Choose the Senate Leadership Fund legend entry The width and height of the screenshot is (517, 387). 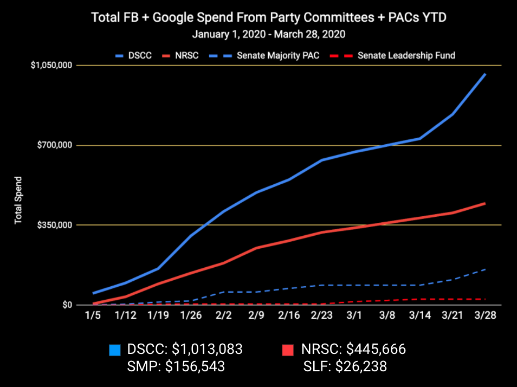pos(398,55)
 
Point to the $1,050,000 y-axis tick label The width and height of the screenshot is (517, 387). pos(51,66)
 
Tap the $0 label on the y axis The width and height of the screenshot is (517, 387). pos(67,305)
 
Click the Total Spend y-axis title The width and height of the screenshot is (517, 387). pos(18,201)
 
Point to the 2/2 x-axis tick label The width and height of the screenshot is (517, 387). pos(223,315)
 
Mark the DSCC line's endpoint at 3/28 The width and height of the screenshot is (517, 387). pos(484,74)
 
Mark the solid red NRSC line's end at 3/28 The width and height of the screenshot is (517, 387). pos(484,203)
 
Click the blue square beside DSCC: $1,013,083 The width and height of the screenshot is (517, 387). pos(114,350)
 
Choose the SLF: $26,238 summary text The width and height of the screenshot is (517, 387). pos(345,366)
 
